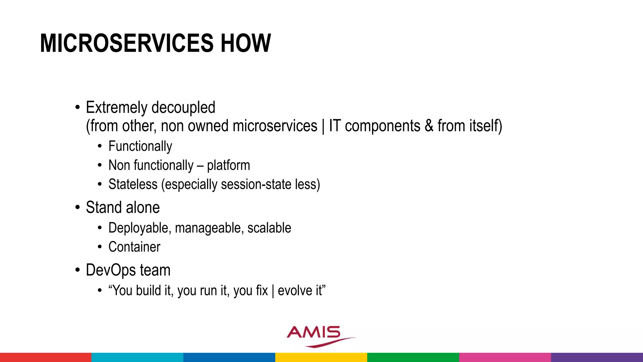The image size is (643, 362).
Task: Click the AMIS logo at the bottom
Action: (317, 335)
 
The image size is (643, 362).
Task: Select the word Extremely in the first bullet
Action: (116, 108)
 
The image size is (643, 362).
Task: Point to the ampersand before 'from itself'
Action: (429, 126)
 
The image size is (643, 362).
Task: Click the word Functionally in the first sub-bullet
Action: (140, 146)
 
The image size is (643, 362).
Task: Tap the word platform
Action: (228, 166)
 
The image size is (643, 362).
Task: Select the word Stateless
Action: (133, 184)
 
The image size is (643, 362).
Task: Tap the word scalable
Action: (269, 228)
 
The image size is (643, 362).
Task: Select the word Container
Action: (134, 247)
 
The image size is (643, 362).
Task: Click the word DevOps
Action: (111, 271)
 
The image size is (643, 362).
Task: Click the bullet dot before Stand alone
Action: (78, 208)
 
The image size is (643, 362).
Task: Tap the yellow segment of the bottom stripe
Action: (321, 357)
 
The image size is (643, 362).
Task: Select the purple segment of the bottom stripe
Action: (597, 357)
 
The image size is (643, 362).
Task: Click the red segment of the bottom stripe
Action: (46, 357)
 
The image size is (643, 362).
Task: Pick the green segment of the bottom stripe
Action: (413, 357)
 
